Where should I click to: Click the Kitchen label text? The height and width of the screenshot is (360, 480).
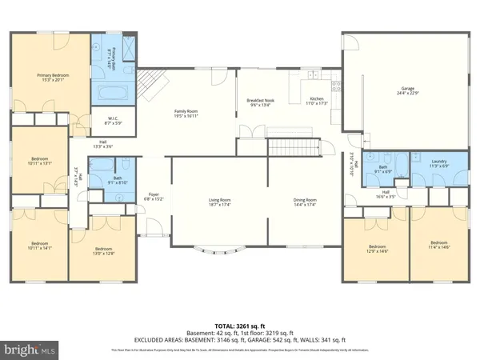(x=318, y=102)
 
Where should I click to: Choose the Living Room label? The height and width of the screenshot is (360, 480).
(x=220, y=202)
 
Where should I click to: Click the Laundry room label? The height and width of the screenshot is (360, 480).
(x=438, y=164)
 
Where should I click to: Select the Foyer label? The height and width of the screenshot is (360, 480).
(x=154, y=197)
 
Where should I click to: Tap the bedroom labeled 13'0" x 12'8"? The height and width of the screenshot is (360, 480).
(x=106, y=250)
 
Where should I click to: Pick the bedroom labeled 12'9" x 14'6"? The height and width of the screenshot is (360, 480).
(x=377, y=249)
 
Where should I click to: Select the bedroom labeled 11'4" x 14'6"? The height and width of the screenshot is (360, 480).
(x=438, y=245)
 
